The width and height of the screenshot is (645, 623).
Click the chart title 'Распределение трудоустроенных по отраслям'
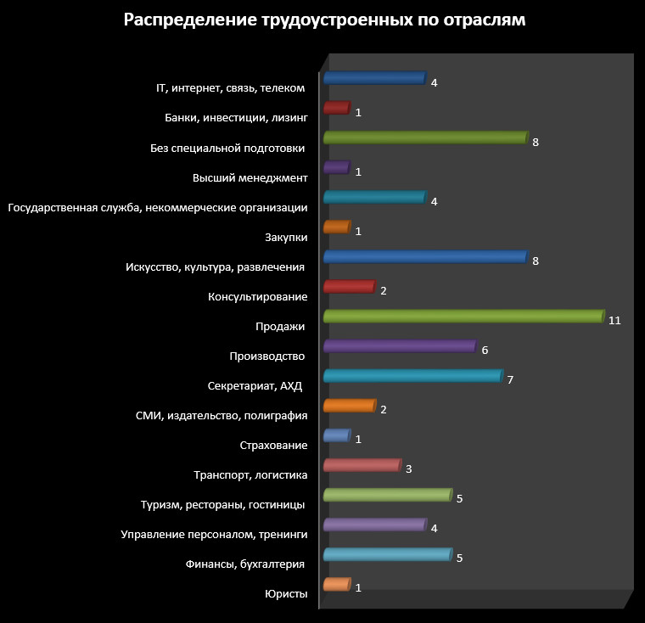[x=324, y=20]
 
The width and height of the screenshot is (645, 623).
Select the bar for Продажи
[x=464, y=317]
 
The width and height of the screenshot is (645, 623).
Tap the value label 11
[x=615, y=321]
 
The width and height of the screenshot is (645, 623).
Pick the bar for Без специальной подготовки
[x=425, y=138]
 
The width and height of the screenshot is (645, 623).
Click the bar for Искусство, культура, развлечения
[x=425, y=257]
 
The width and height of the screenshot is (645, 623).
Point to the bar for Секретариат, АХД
[x=413, y=376]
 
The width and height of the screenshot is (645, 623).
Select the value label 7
[x=510, y=380]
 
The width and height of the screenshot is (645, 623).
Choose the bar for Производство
[x=400, y=346]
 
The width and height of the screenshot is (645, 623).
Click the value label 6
[x=485, y=351]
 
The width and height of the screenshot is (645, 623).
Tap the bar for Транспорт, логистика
[x=362, y=465]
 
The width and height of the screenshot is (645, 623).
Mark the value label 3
[x=408, y=469]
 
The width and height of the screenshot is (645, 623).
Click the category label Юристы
[x=286, y=594]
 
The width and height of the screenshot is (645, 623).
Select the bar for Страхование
[x=337, y=435]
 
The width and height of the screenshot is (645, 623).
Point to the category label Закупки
[x=287, y=238]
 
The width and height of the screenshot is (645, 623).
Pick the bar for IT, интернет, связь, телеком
[x=374, y=79]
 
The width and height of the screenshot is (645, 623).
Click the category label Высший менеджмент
[x=250, y=177]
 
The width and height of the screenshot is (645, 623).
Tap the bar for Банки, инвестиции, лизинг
[x=337, y=109]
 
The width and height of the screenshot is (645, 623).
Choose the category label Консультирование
[x=257, y=297]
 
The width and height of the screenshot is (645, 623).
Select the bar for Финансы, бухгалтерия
[x=387, y=554]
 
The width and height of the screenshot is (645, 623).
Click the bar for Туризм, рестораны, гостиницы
[x=387, y=495]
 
